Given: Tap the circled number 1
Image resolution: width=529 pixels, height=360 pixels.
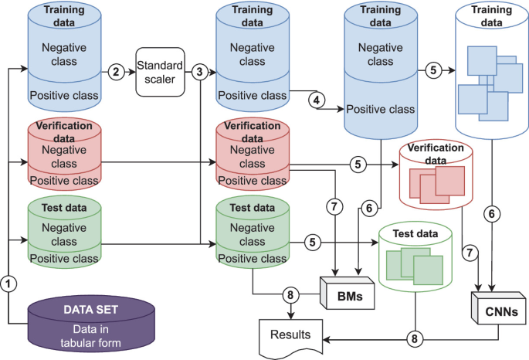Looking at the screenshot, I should [x=8, y=284].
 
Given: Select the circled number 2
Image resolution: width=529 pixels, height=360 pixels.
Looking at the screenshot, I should [x=117, y=72].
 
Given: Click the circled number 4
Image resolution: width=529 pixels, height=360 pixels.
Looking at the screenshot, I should [x=316, y=100].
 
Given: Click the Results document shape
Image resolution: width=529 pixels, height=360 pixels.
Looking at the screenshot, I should [x=292, y=336].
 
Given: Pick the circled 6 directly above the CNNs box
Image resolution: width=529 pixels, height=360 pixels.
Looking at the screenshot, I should [x=490, y=213].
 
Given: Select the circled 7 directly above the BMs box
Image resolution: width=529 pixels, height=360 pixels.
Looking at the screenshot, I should [x=334, y=206].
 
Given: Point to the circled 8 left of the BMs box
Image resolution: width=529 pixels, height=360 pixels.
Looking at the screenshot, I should [x=290, y=294].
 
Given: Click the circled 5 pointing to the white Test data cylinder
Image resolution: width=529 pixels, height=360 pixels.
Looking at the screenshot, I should [x=313, y=242].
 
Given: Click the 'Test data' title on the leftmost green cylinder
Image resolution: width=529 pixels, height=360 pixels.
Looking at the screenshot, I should [x=64, y=207].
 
